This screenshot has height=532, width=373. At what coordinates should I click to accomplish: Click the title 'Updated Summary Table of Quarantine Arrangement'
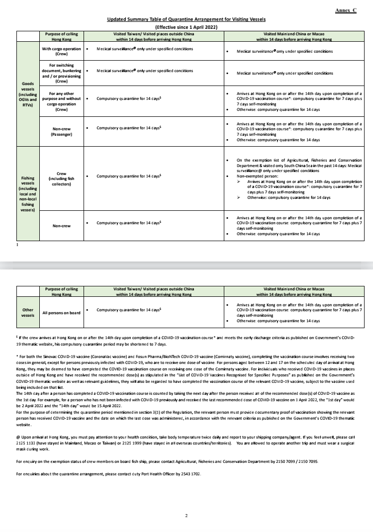coord(186,19)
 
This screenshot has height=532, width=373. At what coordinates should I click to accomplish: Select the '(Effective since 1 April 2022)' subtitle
coord(186,27)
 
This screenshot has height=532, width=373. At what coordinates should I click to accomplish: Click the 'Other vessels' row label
coord(28,312)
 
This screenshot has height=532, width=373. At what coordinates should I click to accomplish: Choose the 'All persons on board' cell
coord(62,313)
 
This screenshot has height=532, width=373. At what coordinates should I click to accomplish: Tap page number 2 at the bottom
coord(186,515)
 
